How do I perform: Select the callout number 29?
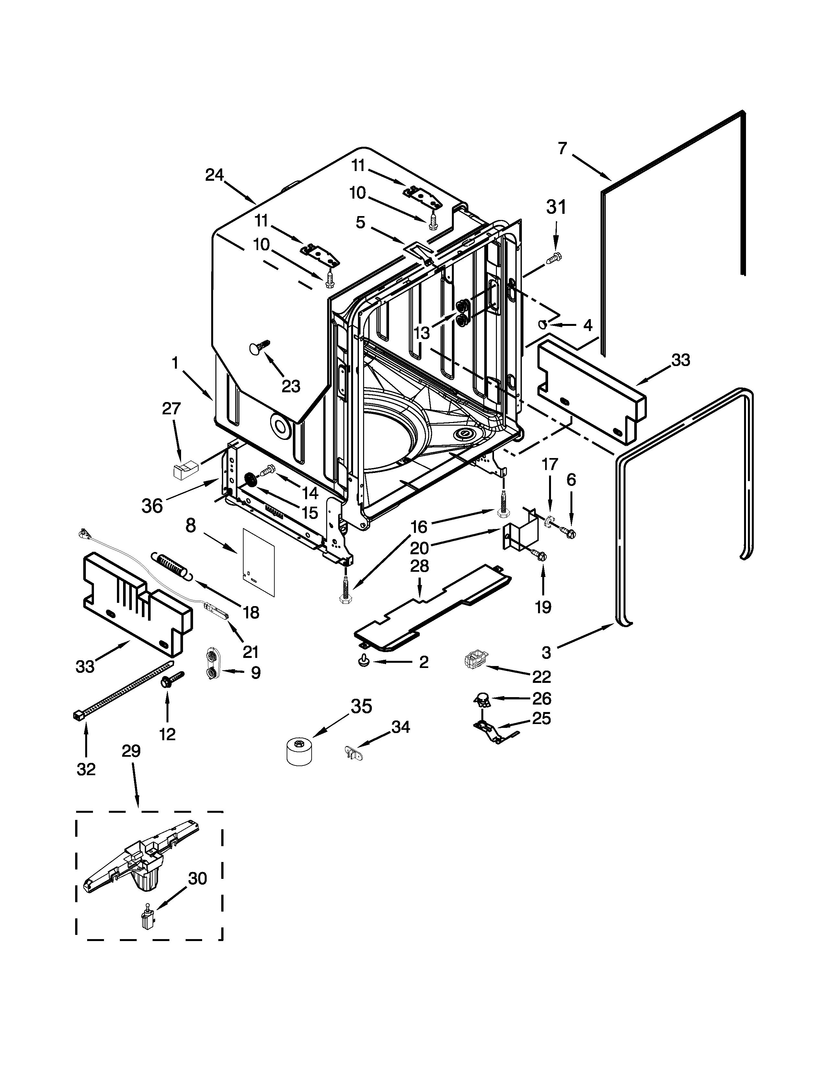(x=131, y=751)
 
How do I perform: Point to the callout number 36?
(x=152, y=506)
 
